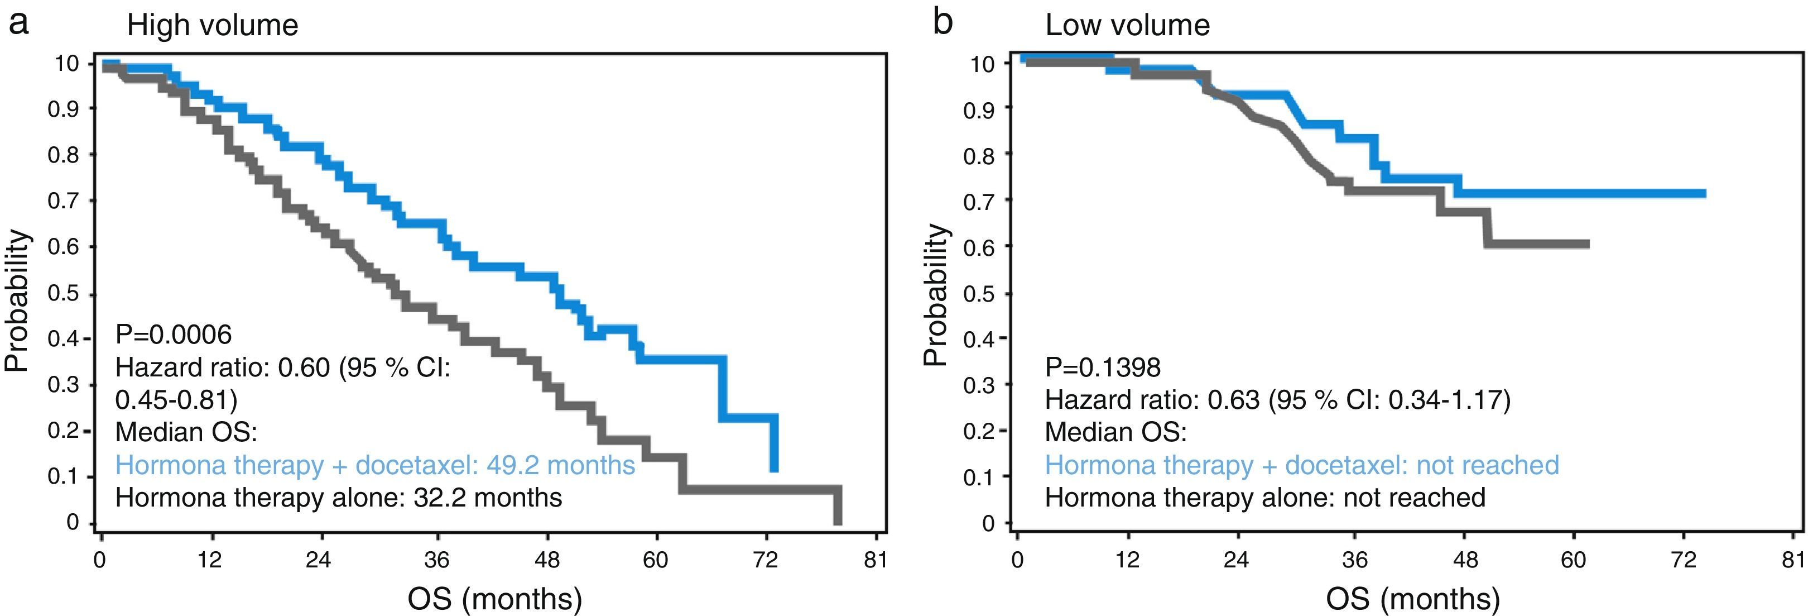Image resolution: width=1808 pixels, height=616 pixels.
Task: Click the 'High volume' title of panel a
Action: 212,25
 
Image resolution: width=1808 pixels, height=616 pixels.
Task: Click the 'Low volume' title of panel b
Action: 1127,25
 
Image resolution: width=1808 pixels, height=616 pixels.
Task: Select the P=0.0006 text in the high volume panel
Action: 174,335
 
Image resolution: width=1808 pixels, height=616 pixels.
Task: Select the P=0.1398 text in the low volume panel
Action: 1103,367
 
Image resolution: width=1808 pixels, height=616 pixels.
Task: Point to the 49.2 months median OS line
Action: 375,465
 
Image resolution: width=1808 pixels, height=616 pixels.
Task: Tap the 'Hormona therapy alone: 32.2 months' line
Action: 338,498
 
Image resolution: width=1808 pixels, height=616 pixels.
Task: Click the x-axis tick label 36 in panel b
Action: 1354,560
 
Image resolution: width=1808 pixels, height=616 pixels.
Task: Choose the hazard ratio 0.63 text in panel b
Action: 1277,400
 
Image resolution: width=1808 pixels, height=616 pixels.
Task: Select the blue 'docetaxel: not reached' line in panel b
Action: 1302,465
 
